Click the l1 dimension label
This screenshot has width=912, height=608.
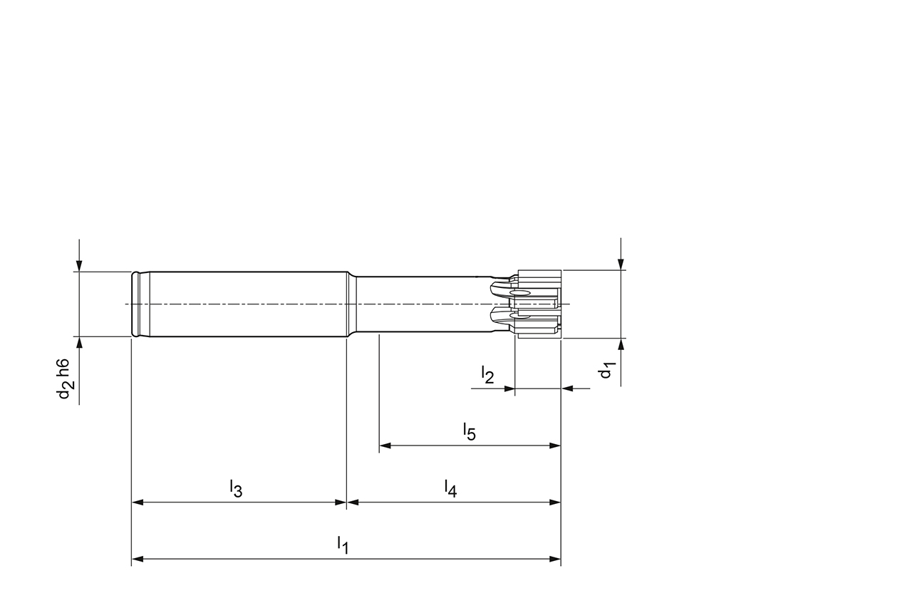coord(343,545)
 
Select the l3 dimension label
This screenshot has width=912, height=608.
coord(236,488)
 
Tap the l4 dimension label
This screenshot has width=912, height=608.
coord(450,488)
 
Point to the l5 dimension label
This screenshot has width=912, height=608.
coord(469,431)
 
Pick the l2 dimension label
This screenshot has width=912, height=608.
coord(487,375)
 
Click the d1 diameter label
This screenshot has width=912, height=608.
coord(606,371)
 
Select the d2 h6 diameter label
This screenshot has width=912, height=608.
coord(65,378)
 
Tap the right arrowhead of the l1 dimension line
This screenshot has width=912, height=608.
coord(555,559)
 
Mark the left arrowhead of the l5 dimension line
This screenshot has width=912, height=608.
coord(385,446)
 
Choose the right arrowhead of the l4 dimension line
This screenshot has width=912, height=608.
coord(555,503)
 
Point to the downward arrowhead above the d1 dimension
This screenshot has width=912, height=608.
coord(621,264)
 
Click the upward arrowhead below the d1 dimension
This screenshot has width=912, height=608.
coord(621,345)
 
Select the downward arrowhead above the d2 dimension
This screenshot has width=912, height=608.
coord(79,265)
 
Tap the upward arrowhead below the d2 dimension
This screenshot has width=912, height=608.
coord(79,343)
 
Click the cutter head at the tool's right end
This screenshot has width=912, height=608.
coord(539,304)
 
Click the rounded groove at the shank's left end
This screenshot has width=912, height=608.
coord(137,304)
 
